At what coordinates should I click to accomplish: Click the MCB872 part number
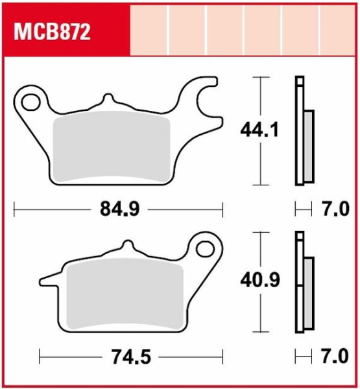[x=52, y=32]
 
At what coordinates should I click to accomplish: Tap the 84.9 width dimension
[x=119, y=209]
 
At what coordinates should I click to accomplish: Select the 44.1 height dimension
[x=259, y=130]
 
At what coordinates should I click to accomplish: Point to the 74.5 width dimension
[x=131, y=357]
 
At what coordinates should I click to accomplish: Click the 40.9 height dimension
[x=260, y=280]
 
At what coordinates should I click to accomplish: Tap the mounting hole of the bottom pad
[x=205, y=249]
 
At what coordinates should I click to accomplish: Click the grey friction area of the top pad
[x=112, y=147]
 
